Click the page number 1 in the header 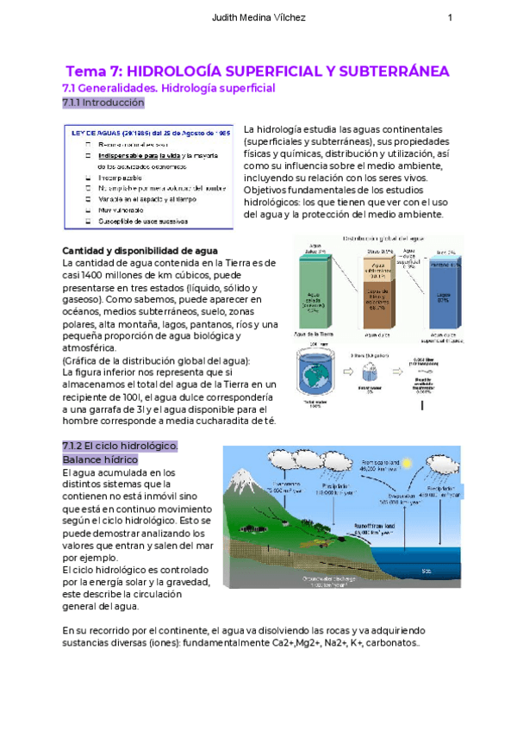[450, 18]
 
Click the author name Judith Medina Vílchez [258, 18]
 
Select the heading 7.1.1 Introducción [103, 103]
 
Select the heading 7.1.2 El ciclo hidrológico [120, 446]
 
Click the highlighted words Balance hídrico [101, 460]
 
